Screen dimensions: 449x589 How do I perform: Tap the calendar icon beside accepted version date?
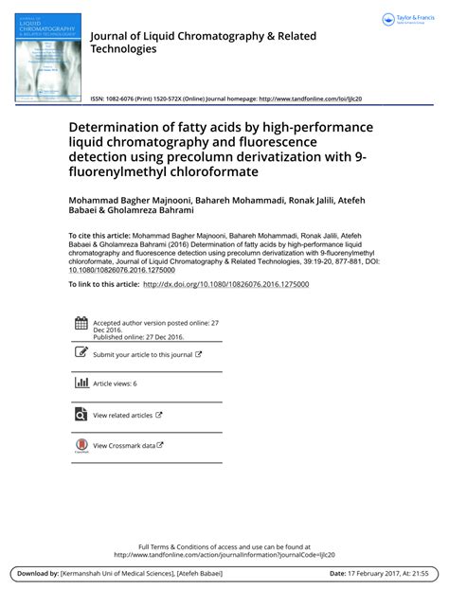(x=81, y=323)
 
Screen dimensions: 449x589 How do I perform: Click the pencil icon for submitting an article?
(x=81, y=353)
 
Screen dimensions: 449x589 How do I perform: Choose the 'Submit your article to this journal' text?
(x=142, y=354)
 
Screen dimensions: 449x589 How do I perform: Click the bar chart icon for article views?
(x=81, y=383)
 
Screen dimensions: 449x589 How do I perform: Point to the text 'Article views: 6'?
(x=116, y=384)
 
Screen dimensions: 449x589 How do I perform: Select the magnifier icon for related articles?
(x=81, y=414)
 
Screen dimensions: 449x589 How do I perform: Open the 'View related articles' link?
(x=123, y=415)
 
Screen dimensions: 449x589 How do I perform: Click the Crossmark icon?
(x=81, y=445)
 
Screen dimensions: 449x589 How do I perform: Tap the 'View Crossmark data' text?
(x=124, y=445)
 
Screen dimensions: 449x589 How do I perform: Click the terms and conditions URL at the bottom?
(x=224, y=555)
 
